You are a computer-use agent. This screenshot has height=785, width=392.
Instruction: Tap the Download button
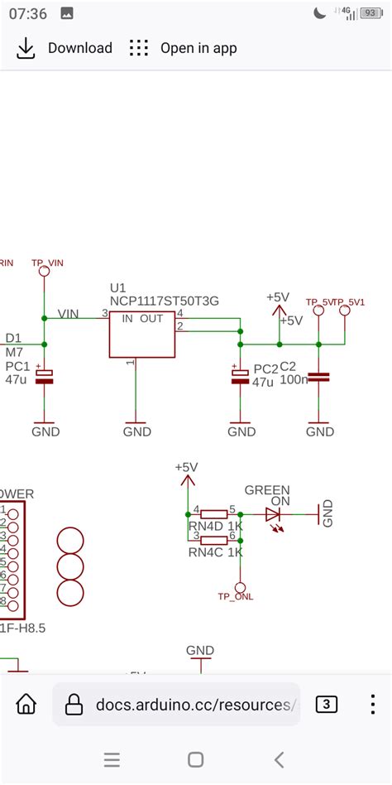(65, 48)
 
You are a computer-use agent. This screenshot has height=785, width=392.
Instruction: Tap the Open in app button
(184, 48)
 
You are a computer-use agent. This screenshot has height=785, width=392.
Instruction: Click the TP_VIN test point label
(47, 262)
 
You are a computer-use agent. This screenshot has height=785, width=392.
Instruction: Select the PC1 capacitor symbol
(45, 376)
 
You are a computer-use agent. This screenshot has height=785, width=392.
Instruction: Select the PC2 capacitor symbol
(241, 376)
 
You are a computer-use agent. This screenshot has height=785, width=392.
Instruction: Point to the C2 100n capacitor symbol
(319, 376)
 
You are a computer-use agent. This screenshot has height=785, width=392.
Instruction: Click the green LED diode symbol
(274, 514)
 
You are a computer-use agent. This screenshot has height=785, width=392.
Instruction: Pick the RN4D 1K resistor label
(215, 527)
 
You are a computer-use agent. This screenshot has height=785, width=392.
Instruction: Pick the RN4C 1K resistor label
(215, 551)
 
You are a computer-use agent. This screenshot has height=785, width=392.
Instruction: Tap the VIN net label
(69, 315)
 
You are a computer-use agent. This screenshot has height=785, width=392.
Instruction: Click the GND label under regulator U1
(136, 431)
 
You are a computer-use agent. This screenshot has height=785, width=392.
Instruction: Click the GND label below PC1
(45, 431)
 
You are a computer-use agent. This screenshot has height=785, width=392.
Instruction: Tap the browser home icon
(26, 705)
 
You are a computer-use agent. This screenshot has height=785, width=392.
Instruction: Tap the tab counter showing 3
(327, 705)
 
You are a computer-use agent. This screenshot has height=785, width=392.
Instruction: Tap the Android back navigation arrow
(279, 759)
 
